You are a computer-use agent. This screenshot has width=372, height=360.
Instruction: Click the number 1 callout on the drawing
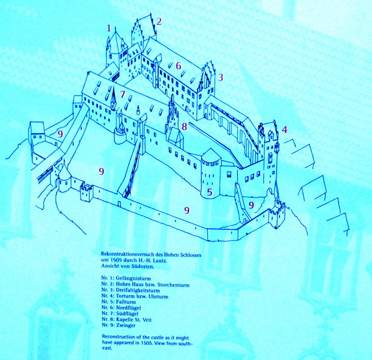point(109,29)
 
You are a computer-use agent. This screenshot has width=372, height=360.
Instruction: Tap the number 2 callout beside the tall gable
point(159,21)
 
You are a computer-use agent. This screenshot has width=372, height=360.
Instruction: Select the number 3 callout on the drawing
point(221,78)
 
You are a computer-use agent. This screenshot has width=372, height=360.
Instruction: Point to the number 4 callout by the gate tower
point(284,129)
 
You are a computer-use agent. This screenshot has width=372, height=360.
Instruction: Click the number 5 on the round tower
point(209,192)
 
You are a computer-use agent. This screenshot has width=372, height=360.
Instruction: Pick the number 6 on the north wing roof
point(179,65)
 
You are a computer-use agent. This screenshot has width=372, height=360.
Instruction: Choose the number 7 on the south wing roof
point(122,94)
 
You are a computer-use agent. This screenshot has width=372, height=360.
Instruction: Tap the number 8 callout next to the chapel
point(184,127)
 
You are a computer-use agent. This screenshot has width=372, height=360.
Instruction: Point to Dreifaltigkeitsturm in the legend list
point(138,290)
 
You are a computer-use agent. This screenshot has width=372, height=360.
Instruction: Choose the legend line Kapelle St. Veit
point(134,320)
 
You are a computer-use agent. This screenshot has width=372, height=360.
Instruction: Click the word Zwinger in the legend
point(126,325)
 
